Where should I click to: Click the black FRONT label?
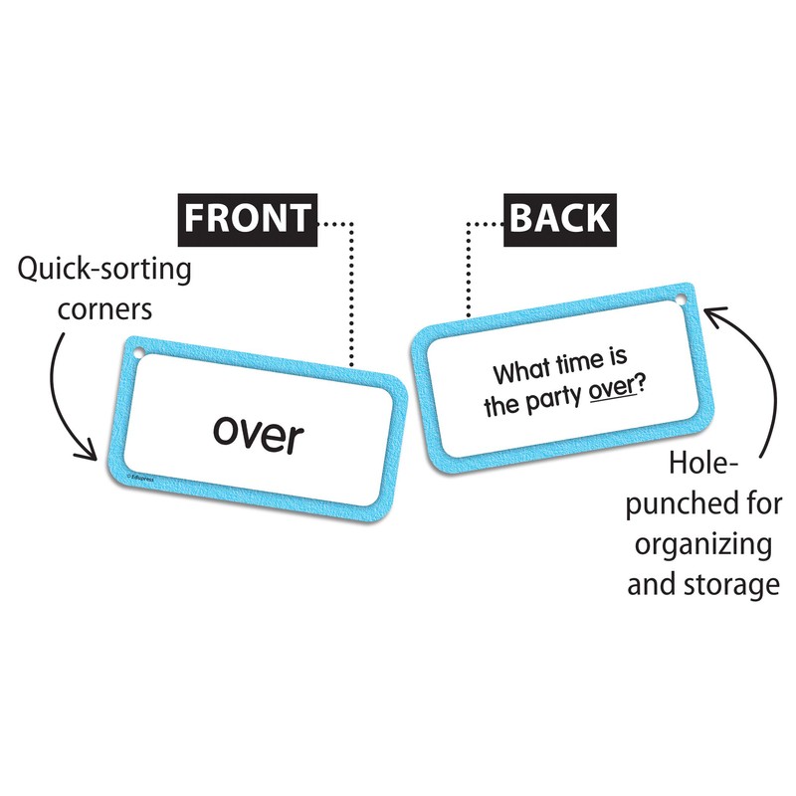[x=247, y=219]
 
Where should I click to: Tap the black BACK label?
[x=560, y=219]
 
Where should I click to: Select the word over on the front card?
[x=259, y=435]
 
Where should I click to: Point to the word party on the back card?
[x=554, y=400]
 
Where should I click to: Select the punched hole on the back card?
[x=682, y=299]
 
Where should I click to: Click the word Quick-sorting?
[x=104, y=269]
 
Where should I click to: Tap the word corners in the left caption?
[x=104, y=309]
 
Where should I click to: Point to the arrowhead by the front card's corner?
[x=88, y=451]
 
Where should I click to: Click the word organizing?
[x=703, y=545]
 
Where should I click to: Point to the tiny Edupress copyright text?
[x=140, y=478]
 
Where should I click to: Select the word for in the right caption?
[x=764, y=503]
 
